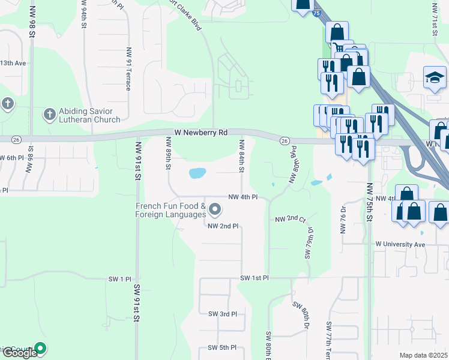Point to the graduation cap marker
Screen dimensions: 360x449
(435, 77)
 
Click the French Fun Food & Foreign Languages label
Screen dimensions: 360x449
(170, 210)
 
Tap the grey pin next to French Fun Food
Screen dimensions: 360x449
(215, 209)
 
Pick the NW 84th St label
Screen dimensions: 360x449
(242, 157)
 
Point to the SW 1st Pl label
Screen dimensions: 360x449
(255, 278)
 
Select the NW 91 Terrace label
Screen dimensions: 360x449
(128, 69)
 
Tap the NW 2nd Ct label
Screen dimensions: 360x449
(290, 220)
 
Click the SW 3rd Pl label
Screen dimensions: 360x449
(223, 314)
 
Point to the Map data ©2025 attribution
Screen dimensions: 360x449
(424, 355)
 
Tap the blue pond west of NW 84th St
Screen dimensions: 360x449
(197, 173)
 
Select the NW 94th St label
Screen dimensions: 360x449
(82, 16)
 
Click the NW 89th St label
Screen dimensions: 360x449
(169, 154)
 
